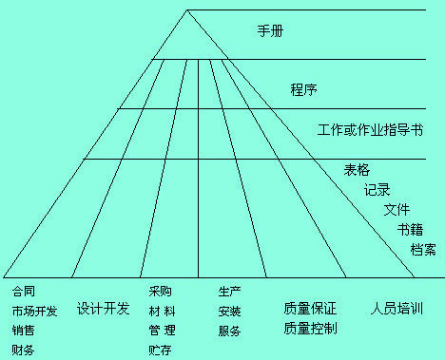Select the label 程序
tap(303, 91)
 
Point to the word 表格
tap(357, 170)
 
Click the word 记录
tap(377, 190)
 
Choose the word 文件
tap(397, 210)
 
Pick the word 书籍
tap(411, 229)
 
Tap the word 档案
tap(423, 249)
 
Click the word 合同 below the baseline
tap(23, 291)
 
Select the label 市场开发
tap(34, 311)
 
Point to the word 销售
tap(23, 331)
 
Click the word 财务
tap(23, 351)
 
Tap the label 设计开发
tap(103, 309)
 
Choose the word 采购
tap(160, 291)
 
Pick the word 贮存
tap(160, 351)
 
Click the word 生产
tap(229, 291)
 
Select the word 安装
tap(229, 311)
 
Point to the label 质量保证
tap(310, 309)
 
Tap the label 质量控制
tap(310, 329)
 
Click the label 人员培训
tap(397, 309)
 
